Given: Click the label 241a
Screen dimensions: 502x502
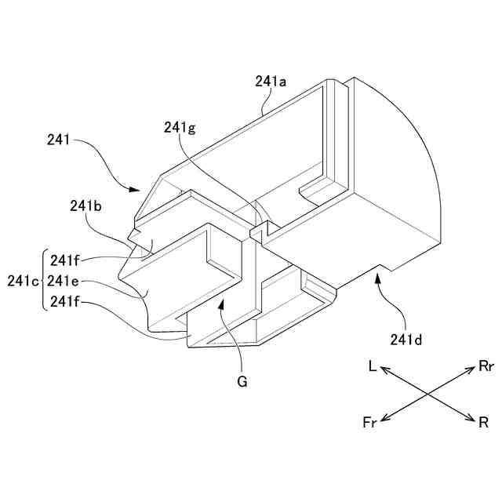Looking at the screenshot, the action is click(271, 81).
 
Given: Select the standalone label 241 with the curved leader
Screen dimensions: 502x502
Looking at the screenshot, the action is click(58, 141).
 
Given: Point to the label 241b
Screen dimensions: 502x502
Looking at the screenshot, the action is click(85, 206).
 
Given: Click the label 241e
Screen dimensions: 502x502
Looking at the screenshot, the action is click(63, 281).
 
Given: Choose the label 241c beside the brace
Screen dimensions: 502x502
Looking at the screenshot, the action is click(21, 281).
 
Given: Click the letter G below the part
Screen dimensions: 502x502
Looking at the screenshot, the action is click(242, 382).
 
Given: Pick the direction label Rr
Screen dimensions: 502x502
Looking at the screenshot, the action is click(486, 366).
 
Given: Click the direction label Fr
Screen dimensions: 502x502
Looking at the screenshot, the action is click(369, 424).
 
